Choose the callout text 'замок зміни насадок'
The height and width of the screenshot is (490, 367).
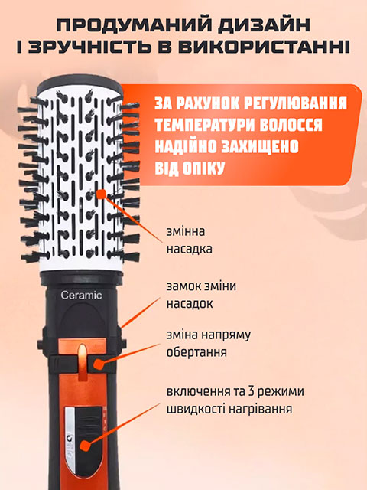pyautogui.click(x=201, y=295)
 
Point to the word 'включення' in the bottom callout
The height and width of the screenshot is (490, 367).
pyautogui.click(x=198, y=392)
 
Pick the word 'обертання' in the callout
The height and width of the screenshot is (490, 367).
pyautogui.click(x=197, y=353)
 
